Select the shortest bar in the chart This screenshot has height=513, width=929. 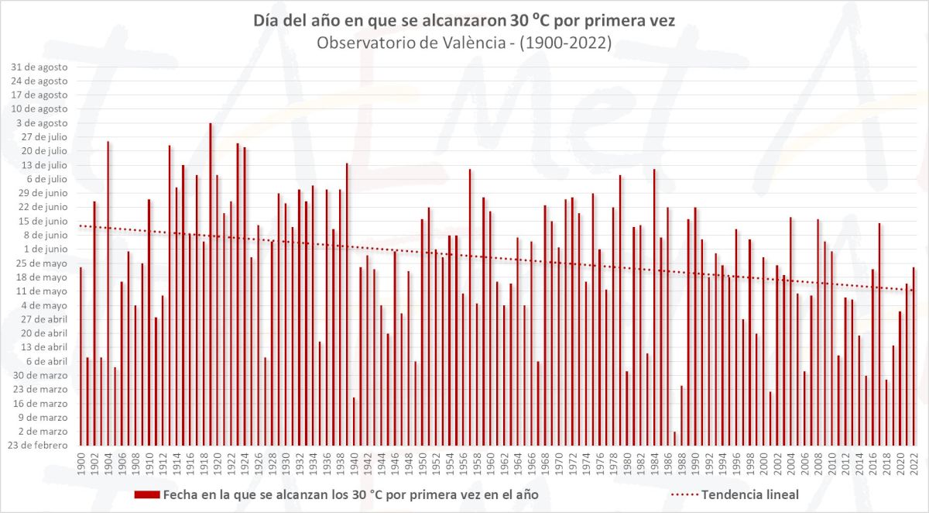pos(674,439)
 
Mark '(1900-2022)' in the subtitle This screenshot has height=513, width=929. pos(565,43)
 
